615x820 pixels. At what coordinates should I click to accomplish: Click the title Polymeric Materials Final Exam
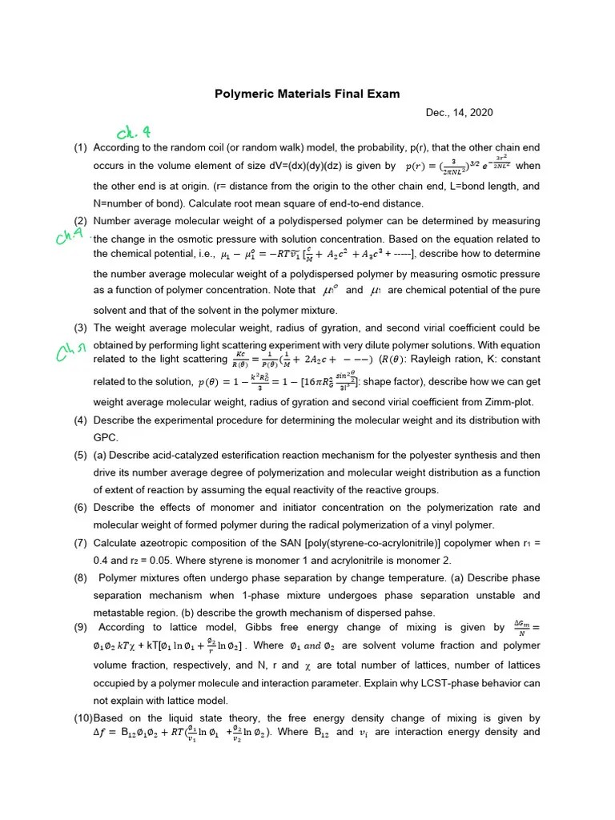point(307,94)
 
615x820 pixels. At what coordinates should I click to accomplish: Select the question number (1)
point(80,148)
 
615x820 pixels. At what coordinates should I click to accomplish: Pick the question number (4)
point(80,420)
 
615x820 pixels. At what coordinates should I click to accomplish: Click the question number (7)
point(80,541)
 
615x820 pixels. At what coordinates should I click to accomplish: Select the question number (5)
point(80,455)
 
